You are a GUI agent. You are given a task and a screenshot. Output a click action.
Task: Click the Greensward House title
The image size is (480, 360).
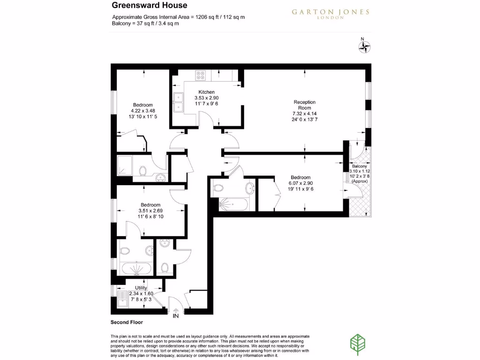pos(149,6)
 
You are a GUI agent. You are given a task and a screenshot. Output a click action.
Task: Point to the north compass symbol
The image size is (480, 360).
pos(364,46)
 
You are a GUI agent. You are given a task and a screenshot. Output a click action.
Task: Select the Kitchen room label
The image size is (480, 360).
pos(206,92)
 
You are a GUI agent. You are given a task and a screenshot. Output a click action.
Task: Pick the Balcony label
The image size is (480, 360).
pos(360,166)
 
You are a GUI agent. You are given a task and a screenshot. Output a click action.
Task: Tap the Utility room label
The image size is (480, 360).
pos(141,288)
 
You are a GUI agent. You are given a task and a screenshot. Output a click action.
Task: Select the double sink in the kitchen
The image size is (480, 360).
pos(178,103)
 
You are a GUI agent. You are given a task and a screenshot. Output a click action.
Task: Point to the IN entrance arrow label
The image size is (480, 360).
pos(176,316)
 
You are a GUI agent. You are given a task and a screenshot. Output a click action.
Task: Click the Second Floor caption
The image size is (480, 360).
pos(127,322)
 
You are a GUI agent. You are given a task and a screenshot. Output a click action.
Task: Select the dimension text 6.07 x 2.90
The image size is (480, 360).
pos(300,183)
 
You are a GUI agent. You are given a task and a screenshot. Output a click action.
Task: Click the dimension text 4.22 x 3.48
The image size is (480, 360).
pos(143,111)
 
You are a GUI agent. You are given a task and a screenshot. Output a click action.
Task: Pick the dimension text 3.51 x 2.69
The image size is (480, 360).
pos(150,211)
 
